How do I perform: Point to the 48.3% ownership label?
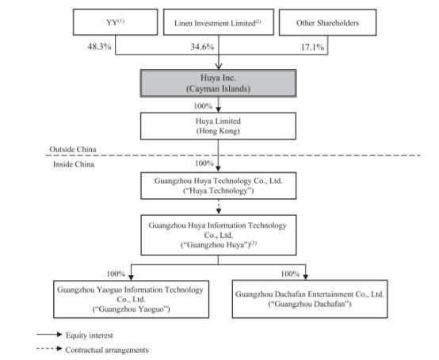click(x=99, y=47)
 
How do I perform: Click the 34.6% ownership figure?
click(x=202, y=47)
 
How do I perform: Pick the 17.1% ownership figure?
click(x=312, y=47)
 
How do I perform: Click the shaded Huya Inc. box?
click(x=219, y=83)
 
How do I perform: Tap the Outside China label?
click(x=73, y=149)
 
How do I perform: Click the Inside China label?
click(x=74, y=164)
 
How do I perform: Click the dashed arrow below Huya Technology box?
click(x=219, y=207)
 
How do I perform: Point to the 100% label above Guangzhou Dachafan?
click(x=290, y=274)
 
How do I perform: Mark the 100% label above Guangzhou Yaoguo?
click(x=116, y=274)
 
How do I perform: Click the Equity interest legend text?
click(x=90, y=335)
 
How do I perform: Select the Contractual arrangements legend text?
click(x=107, y=350)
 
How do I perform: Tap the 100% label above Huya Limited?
click(x=203, y=106)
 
